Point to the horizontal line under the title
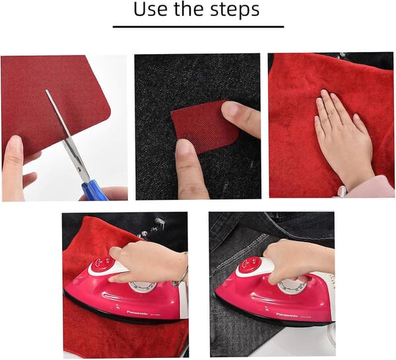(x=198, y=26)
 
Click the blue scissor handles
(x=94, y=190)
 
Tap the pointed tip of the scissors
(x=46, y=90)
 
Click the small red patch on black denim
(x=205, y=127)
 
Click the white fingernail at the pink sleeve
(x=342, y=191)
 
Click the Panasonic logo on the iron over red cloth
(x=137, y=313)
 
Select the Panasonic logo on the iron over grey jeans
(x=287, y=315)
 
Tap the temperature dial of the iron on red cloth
(x=142, y=287)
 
